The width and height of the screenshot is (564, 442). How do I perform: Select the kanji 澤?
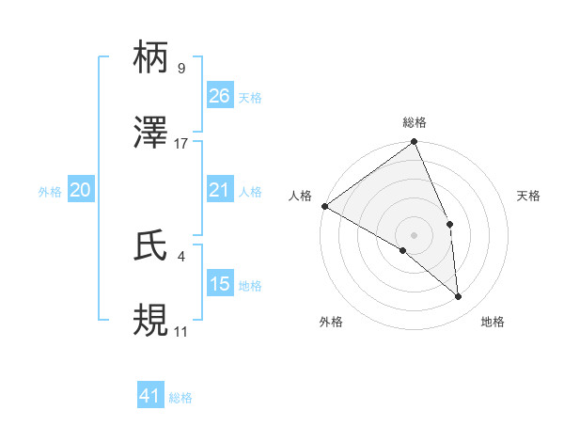[152, 133]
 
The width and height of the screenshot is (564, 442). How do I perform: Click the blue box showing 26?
[220, 96]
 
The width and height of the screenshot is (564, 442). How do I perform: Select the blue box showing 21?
[220, 191]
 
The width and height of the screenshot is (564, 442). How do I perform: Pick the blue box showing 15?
[220, 284]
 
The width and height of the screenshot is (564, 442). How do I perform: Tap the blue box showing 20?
[81, 191]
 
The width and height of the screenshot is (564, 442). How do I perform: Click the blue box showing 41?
[150, 397]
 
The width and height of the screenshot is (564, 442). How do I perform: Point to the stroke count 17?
[181, 144]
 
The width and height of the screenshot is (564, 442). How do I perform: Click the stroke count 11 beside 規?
[180, 332]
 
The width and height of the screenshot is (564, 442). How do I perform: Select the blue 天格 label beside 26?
[250, 98]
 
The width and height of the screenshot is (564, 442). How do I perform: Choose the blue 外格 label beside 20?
[50, 192]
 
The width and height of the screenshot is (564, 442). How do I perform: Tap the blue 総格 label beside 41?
[180, 398]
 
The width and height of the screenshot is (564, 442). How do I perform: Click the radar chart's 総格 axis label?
[415, 122]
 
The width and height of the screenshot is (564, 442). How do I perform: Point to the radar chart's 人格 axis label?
[300, 195]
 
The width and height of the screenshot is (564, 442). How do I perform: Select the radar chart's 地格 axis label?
[493, 322]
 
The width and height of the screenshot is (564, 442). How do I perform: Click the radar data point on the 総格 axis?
[414, 143]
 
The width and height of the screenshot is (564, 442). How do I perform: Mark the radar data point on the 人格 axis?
[324, 206]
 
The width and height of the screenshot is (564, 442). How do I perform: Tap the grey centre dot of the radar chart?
[414, 234]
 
